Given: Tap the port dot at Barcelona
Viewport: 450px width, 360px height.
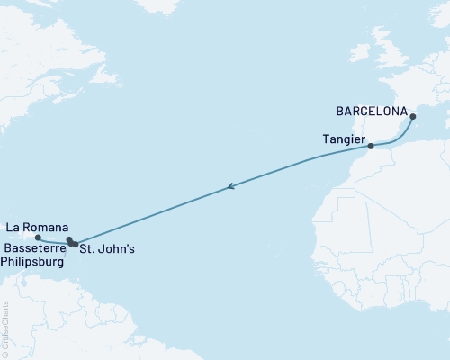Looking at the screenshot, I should [x=413, y=116].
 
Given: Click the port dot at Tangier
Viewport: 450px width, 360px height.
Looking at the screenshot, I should [x=371, y=145].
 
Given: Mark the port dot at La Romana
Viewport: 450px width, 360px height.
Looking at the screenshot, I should [x=38, y=238].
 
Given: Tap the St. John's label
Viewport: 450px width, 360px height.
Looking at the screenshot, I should [x=107, y=248].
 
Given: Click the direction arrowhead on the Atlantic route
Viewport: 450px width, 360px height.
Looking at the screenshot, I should [x=230, y=187].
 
